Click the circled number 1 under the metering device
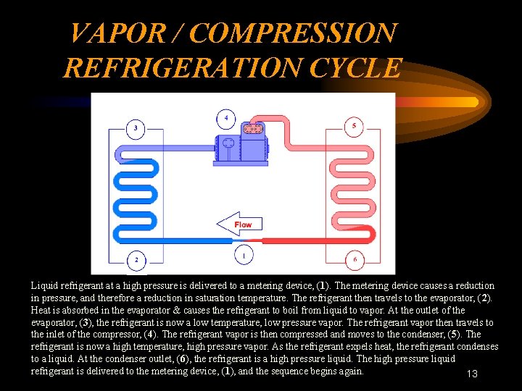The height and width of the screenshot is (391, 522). click(244, 256)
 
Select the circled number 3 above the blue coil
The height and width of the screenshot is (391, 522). click(136, 130)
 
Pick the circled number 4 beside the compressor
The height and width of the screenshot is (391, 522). click(227, 117)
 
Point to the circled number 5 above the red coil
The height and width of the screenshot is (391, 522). click(353, 126)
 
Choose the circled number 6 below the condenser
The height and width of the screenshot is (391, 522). click(354, 259)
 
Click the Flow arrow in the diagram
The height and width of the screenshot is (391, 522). click(239, 224)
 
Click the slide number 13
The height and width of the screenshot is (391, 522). click(471, 374)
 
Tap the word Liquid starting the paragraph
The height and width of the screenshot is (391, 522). click(45, 286)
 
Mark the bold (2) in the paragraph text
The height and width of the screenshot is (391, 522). click(486, 298)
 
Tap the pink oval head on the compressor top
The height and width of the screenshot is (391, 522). click(252, 129)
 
